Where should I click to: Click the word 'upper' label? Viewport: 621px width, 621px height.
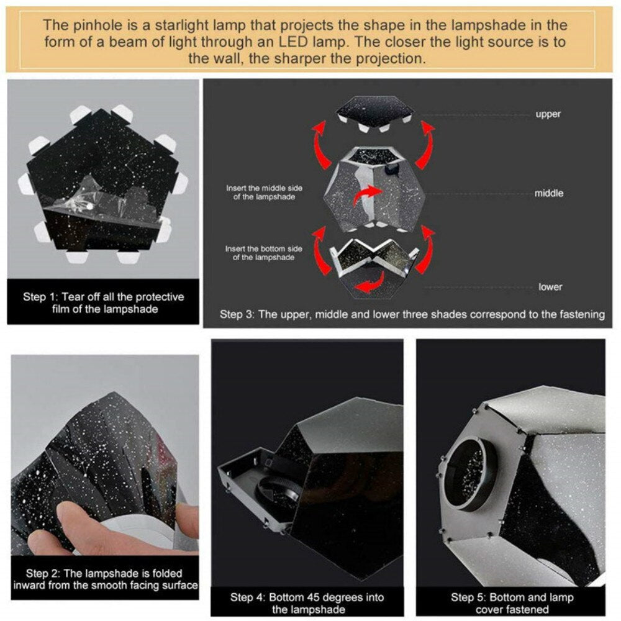click(x=548, y=114)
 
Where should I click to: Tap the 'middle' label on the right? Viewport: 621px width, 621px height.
click(x=548, y=193)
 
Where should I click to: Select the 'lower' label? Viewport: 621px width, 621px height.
click(x=550, y=287)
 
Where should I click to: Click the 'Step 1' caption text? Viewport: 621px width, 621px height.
click(x=103, y=303)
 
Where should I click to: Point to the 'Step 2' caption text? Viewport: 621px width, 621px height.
click(x=106, y=579)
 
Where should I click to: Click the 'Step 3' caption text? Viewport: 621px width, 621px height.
click(x=412, y=314)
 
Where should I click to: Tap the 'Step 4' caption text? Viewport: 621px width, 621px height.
click(x=307, y=603)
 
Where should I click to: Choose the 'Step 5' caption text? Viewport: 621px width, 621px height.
click(x=512, y=603)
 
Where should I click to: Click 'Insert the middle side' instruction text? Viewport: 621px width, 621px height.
click(x=264, y=193)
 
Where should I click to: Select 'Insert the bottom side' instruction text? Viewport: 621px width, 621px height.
click(x=264, y=253)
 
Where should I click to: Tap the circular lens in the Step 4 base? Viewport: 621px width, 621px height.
click(x=277, y=491)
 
